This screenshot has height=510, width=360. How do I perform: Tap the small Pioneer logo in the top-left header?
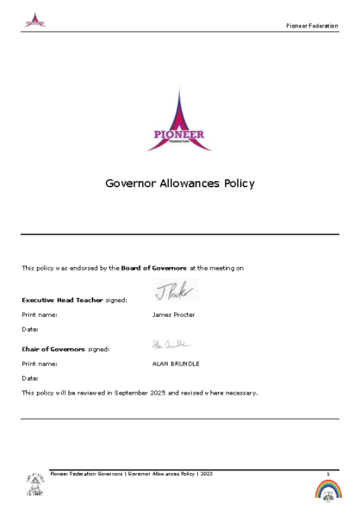35,20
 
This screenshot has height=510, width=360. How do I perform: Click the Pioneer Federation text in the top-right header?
312,26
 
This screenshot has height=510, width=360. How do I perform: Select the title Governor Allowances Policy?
179,183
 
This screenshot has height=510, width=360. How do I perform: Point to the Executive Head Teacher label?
63,300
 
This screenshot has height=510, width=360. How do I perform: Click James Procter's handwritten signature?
175,290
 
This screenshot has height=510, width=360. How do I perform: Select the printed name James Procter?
173,314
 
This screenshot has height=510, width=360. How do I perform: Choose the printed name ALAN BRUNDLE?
176,364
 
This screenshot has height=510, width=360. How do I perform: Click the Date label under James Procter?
30,329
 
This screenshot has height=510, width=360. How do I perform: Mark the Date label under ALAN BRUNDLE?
30,378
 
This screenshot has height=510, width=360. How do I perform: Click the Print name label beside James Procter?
40,314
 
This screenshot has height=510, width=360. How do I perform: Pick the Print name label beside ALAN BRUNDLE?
40,364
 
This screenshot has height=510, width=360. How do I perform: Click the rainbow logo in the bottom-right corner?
328,489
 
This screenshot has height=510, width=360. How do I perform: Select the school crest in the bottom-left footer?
34,484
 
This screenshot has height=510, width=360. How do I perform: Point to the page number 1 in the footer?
328,473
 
